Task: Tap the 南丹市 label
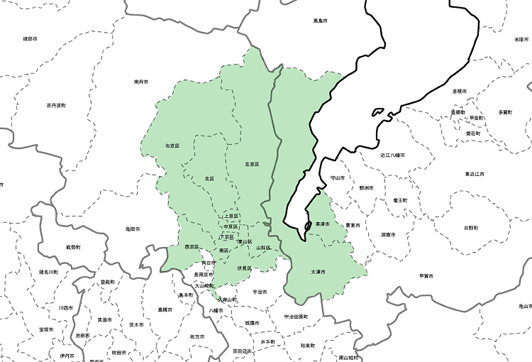point(140,82)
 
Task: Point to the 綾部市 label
point(31,38)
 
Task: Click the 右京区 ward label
point(172,146)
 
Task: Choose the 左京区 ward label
point(252,164)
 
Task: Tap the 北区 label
point(209,178)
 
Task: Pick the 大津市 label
point(318,272)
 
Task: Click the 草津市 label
point(323,224)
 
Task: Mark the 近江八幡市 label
point(392,155)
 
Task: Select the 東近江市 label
point(475,174)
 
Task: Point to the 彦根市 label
point(459,91)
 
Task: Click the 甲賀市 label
point(426,275)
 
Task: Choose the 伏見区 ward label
point(245,268)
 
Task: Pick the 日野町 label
point(471,228)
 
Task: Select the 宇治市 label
point(260,292)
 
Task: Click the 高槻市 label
point(165,309)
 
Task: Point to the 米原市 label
point(521,40)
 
